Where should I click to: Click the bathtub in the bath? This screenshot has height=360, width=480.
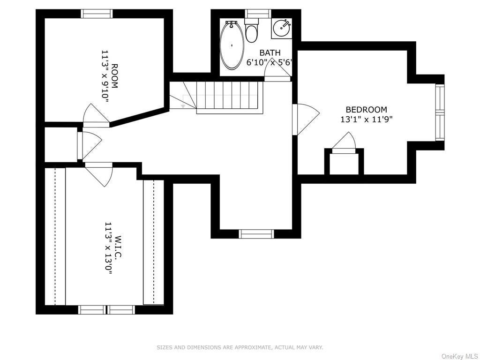click(x=232, y=45)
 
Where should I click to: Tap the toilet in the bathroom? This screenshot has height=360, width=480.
click(x=252, y=30)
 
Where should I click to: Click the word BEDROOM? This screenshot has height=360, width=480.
click(x=366, y=110)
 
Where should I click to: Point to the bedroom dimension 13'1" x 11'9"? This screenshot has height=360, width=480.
click(x=367, y=120)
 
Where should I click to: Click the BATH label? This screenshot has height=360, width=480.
click(x=270, y=52)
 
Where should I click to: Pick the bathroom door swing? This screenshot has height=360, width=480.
click(x=277, y=70)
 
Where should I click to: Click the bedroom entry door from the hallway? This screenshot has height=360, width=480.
click(x=305, y=120)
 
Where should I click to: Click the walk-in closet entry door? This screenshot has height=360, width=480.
click(x=99, y=174)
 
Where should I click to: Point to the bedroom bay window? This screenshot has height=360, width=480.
click(x=440, y=112)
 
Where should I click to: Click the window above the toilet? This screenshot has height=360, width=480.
click(x=258, y=14)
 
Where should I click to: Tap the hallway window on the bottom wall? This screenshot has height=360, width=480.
click(x=256, y=234)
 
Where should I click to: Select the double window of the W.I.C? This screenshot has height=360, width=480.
click(x=106, y=309)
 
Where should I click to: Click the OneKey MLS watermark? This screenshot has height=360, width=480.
click(x=460, y=356)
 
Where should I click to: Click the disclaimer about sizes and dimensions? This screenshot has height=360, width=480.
click(x=240, y=347)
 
